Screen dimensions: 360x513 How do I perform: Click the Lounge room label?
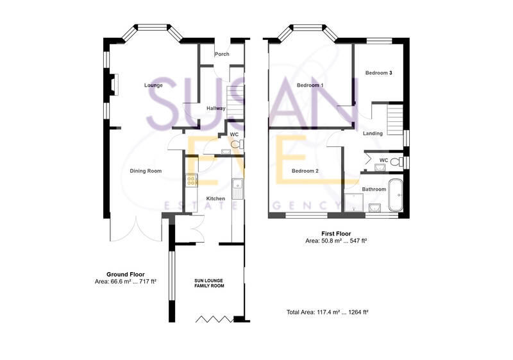[153, 85]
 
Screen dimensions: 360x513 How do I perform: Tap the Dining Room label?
[146, 171]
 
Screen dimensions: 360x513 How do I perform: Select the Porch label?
[222, 54]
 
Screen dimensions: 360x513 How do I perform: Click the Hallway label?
[215, 108]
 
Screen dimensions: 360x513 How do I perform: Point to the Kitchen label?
[215, 199]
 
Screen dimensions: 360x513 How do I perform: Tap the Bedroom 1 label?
[310, 85]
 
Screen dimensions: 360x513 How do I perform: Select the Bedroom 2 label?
[305, 171]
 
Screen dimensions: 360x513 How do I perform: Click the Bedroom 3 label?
[378, 73]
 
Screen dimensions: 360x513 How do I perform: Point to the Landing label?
[373, 133]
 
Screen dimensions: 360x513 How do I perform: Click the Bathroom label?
[374, 189]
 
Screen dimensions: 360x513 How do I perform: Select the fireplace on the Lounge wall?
[114, 84]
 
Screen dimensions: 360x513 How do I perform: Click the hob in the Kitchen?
[190, 181]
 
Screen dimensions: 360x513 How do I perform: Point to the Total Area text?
[327, 312]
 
